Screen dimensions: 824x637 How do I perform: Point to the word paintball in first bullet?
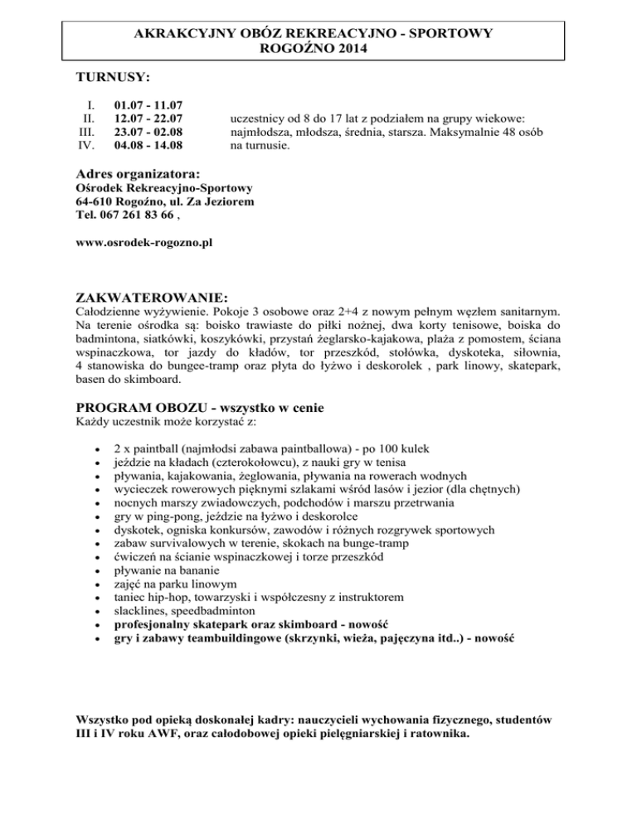click(x=153, y=447)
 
